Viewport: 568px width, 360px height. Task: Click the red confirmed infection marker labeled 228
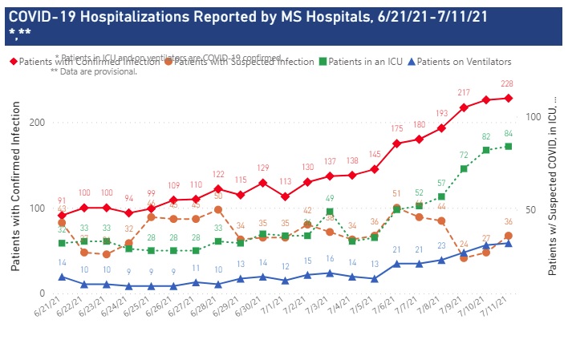[x=509, y=98]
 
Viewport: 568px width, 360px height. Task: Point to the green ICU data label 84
[x=509, y=133]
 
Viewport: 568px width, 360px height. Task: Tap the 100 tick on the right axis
[x=531, y=117]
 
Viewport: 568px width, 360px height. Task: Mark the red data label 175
[x=396, y=128]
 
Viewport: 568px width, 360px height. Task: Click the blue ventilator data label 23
[x=441, y=246]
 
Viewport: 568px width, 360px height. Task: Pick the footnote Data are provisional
[x=94, y=71]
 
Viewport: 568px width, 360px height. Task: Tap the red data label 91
[x=63, y=200]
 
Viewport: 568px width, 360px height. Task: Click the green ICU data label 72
[x=464, y=156]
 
